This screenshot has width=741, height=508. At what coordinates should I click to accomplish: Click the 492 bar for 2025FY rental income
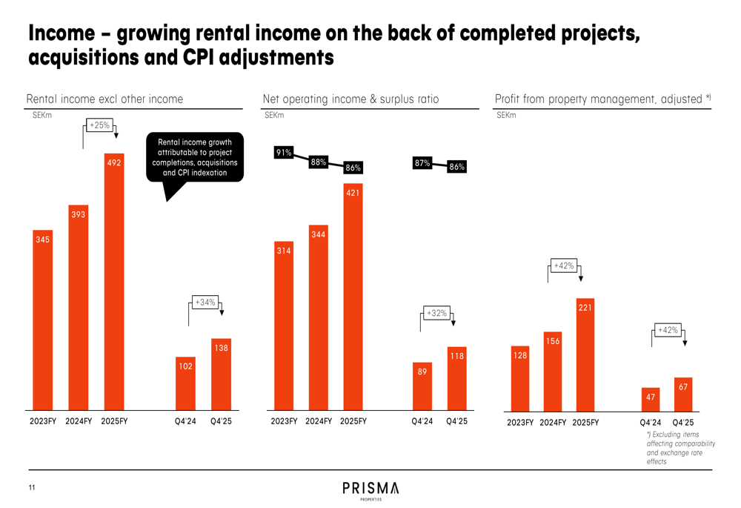point(114,282)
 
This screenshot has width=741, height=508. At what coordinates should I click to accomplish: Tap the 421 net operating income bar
point(353,297)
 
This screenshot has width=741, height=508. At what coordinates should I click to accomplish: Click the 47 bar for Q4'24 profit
point(651,399)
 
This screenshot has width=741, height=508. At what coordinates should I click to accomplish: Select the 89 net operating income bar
point(422,386)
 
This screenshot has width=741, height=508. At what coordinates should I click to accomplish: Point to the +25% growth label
point(99,125)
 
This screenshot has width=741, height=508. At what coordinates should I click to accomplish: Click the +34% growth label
point(204,303)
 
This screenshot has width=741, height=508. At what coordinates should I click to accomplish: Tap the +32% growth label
point(436,313)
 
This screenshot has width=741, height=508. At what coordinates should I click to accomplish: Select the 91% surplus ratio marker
point(283,153)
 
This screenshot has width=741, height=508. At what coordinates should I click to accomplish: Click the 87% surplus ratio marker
point(422,163)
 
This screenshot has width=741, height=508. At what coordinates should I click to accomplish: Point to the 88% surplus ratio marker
point(318,162)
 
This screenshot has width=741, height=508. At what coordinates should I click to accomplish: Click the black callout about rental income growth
point(195,157)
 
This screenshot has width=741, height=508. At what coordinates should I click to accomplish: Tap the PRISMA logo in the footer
point(370,489)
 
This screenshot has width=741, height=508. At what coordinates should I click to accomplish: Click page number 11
point(32,488)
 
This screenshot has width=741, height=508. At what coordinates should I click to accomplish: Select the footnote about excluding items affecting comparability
point(680,448)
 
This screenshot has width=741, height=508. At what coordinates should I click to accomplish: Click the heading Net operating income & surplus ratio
point(350,99)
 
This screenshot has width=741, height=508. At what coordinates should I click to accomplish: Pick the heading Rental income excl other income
point(104,99)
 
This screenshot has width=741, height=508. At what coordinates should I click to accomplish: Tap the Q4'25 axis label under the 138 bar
point(221,421)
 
